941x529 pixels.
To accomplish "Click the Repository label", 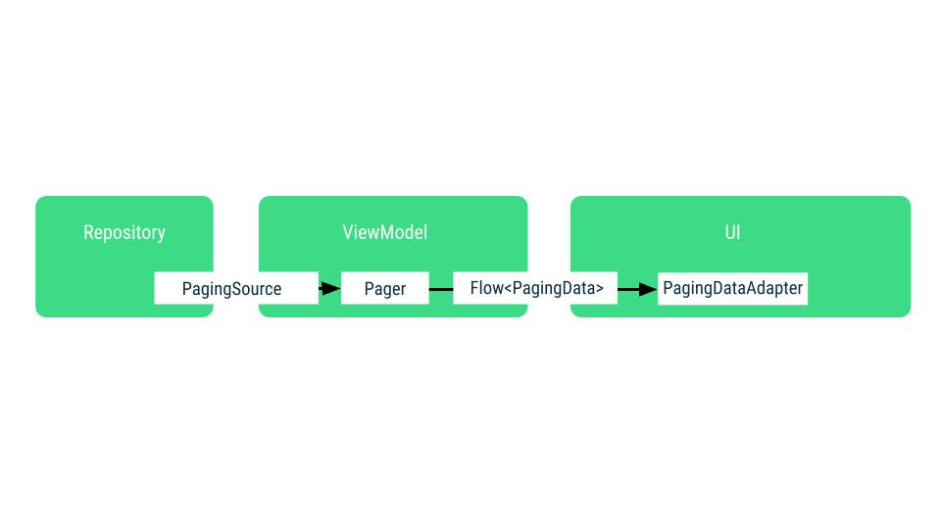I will click(124, 232).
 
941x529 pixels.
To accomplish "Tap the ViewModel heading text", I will click(384, 232).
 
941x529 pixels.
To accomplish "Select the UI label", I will click(732, 232).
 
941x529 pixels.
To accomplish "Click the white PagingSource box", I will click(235, 289).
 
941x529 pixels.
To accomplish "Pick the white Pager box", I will click(384, 289).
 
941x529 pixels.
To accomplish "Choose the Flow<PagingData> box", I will click(535, 288).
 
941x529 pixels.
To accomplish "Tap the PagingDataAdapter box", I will click(732, 288).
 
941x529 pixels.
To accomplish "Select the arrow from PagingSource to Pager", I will click(329, 289).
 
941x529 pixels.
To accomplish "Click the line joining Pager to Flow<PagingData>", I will click(441, 289).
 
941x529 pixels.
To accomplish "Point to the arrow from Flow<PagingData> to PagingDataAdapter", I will click(637, 289).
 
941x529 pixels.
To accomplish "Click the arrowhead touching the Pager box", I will click(332, 289).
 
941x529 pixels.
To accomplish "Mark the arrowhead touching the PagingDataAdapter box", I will click(648, 289).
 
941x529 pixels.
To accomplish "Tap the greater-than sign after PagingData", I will click(599, 289).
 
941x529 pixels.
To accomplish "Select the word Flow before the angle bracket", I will click(486, 288).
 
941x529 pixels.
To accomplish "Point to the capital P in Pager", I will click(370, 289).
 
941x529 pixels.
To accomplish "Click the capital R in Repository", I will click(88, 232).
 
